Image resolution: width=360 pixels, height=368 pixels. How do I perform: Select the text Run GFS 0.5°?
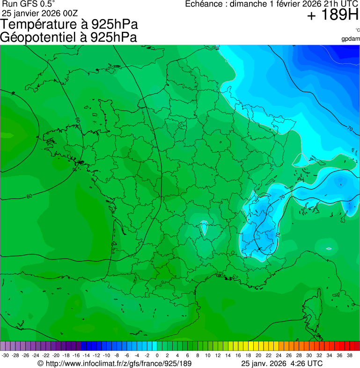click(x=29, y=4)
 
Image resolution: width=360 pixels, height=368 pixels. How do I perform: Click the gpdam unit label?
click(x=351, y=38)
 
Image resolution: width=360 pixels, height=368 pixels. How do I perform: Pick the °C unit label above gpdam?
click(x=357, y=30)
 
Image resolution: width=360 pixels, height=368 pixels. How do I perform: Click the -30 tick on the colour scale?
click(x=5, y=355)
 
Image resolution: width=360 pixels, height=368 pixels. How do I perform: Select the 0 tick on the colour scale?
click(x=157, y=355)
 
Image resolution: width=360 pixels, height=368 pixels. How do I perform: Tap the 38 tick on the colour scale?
click(x=349, y=355)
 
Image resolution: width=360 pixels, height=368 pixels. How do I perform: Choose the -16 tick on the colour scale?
click(x=76, y=355)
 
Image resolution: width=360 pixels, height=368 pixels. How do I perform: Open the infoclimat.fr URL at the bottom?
click(x=115, y=363)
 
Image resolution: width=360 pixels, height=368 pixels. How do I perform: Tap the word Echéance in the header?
click(x=203, y=4)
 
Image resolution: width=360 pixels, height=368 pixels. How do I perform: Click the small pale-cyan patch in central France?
click(x=203, y=227)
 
